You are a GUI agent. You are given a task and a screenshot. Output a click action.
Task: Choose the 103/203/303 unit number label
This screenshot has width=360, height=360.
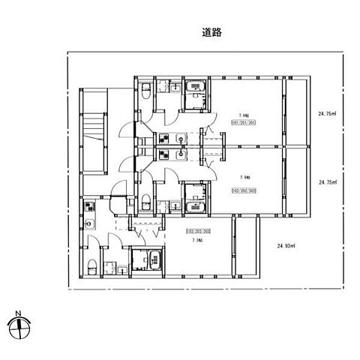tap(196, 233)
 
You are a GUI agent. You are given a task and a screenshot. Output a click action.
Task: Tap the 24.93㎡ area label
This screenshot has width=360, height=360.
tap(286, 245)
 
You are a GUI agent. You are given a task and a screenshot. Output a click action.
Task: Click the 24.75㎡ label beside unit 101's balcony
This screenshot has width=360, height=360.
tap(328, 114)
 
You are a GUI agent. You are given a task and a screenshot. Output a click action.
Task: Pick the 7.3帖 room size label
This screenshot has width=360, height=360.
tap(197, 241)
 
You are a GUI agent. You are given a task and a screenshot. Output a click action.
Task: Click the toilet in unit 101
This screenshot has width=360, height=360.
tap(147, 91)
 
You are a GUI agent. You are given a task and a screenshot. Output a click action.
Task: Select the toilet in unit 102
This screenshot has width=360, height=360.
tap(147, 201)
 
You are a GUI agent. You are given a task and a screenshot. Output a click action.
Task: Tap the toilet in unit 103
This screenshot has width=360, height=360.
tap(91, 265)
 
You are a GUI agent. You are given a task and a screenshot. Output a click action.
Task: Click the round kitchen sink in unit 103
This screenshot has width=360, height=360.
tap(89, 223)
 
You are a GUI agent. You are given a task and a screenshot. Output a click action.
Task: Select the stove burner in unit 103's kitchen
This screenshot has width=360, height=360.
tap(89, 206)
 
